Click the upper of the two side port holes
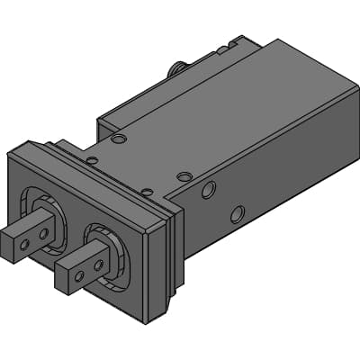209,190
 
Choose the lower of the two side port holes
237,214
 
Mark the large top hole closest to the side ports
184,176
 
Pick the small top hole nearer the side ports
146,191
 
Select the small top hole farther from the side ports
92,161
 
